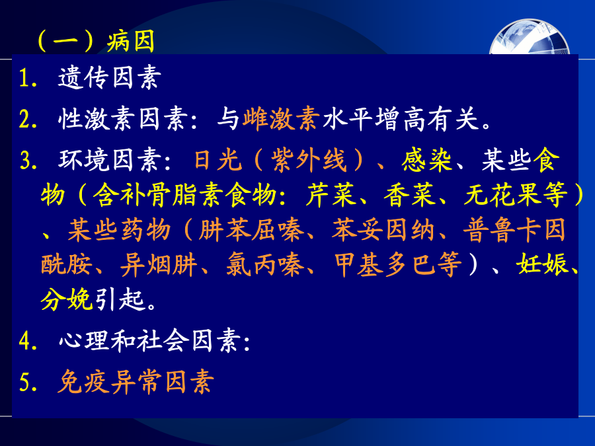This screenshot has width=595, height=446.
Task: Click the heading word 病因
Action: click(130, 41)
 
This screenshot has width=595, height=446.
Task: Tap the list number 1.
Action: click(28, 78)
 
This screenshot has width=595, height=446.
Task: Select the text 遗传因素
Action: click(110, 78)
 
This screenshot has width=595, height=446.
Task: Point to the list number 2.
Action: click(28, 119)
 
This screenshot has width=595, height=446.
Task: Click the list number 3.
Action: click(29, 160)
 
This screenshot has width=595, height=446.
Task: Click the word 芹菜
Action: click(331, 196)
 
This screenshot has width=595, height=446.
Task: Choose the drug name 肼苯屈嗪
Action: click(251, 231)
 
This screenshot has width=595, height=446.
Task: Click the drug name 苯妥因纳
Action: click(383, 231)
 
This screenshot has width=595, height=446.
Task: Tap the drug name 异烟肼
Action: click(159, 265)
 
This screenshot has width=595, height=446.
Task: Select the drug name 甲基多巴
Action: click(385, 265)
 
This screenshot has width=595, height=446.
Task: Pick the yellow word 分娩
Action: click(66, 299)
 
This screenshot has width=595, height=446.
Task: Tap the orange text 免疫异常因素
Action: click(136, 381)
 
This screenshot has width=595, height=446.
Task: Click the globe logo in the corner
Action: click(530, 38)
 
